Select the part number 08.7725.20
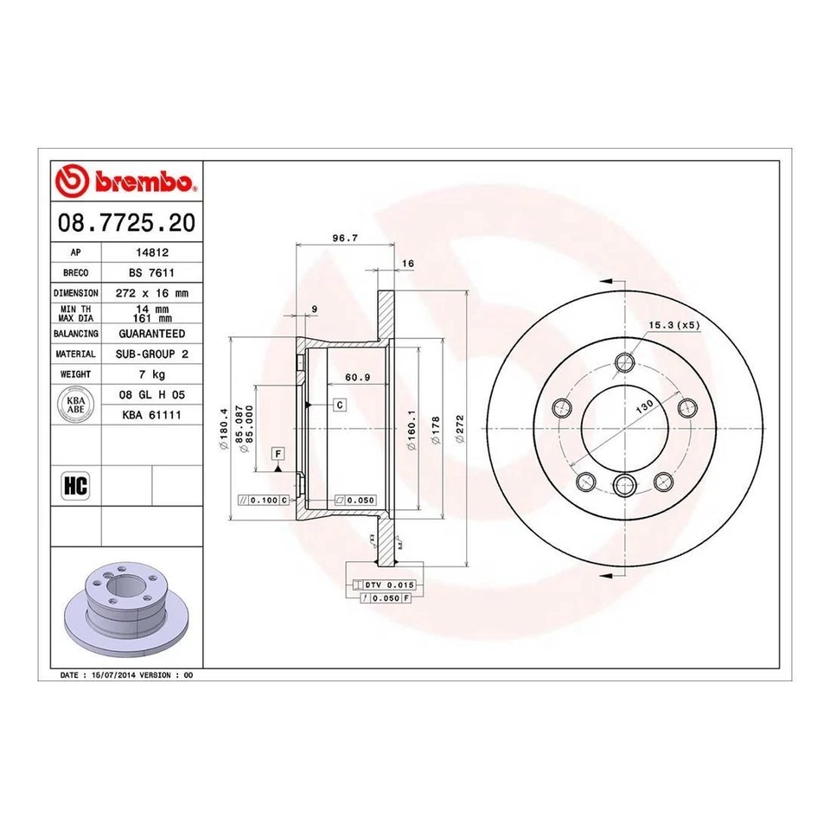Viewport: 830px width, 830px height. tap(125, 224)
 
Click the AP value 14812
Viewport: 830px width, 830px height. tap(151, 253)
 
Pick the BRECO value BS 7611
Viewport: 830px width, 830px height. tap(151, 272)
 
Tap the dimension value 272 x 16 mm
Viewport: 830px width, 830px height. tap(151, 293)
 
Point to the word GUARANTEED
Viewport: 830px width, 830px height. tap(151, 333)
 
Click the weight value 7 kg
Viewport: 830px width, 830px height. tap(151, 374)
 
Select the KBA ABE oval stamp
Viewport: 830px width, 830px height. tap(77, 405)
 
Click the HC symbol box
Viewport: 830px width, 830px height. tap(76, 487)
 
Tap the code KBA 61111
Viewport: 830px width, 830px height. tap(151, 415)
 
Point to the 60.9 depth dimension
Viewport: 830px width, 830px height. tap(357, 377)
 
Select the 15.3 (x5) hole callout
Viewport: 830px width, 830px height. tap(674, 325)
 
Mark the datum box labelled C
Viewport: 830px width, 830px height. tap(340, 405)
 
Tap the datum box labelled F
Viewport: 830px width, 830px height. tap(278, 453)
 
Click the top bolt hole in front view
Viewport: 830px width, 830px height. tap(622, 364)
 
